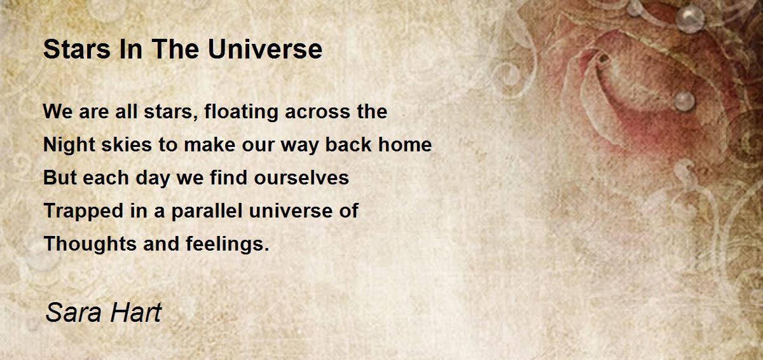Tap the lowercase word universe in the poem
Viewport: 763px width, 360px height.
294,211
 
